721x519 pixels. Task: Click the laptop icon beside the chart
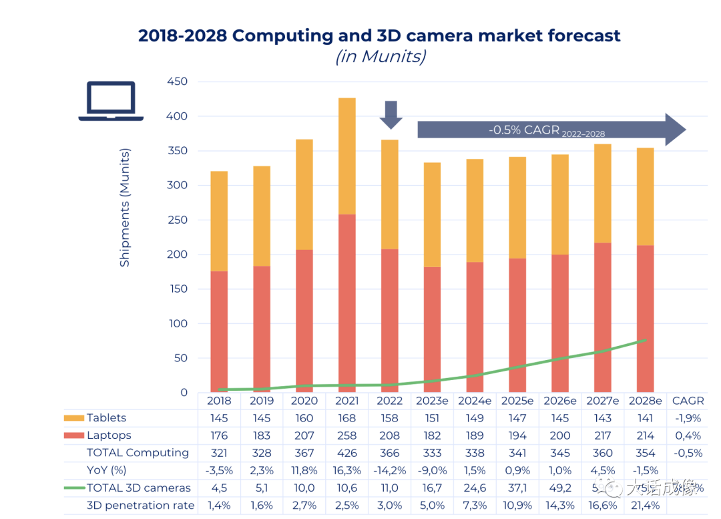[x=111, y=102]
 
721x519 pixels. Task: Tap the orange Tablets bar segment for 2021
[x=346, y=156]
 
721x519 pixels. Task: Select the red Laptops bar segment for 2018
[x=219, y=331]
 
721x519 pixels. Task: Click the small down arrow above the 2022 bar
[x=391, y=114]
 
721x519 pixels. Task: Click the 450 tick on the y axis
[x=176, y=81]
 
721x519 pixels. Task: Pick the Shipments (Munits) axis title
[x=125, y=208]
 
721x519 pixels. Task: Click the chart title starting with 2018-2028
[x=379, y=35]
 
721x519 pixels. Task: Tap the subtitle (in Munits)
[x=380, y=57]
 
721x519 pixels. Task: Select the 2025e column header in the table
[x=517, y=401]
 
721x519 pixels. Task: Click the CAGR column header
[x=688, y=401]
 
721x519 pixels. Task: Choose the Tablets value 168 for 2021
[x=347, y=418]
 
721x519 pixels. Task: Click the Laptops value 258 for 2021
[x=347, y=436]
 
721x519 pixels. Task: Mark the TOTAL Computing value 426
[x=347, y=453]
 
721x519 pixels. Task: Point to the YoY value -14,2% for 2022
[x=389, y=470]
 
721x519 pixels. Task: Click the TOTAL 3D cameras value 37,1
[x=517, y=488]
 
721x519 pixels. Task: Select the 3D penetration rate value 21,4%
[x=645, y=506]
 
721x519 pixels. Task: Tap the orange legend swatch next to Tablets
[x=74, y=418]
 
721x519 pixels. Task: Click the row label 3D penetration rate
[x=140, y=506]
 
